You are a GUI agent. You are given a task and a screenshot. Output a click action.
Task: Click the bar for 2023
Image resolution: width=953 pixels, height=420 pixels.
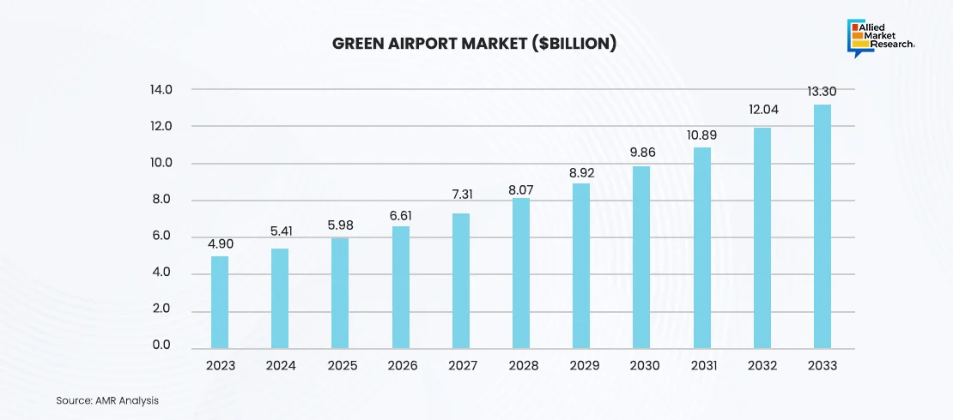[x=220, y=301]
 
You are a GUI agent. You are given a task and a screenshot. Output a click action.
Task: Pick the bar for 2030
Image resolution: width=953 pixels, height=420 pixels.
[x=641, y=256]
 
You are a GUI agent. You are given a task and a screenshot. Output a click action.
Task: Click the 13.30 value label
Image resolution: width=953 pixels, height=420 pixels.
[x=822, y=91]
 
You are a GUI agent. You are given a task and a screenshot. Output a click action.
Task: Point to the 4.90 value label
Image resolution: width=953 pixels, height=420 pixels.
[x=220, y=243]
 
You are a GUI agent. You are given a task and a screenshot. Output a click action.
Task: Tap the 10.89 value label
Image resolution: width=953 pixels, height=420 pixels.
[x=701, y=135]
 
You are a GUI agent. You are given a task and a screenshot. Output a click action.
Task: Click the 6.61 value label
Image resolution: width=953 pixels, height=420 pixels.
[x=401, y=213]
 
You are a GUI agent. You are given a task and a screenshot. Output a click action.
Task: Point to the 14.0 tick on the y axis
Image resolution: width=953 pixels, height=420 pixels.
[x=161, y=90]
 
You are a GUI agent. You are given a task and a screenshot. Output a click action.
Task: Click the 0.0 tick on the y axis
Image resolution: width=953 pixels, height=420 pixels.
[x=161, y=345]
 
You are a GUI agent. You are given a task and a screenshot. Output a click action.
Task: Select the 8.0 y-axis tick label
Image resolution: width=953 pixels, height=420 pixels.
[x=161, y=200]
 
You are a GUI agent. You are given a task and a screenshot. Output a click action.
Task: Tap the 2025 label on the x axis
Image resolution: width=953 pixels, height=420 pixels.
[x=341, y=365]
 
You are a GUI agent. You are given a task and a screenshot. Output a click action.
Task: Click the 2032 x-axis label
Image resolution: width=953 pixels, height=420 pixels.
[x=762, y=365]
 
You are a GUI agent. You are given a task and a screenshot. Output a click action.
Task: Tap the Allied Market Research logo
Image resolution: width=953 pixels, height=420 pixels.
[x=880, y=38]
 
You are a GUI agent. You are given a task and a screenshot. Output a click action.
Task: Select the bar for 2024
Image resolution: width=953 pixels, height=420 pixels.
[x=280, y=297]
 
